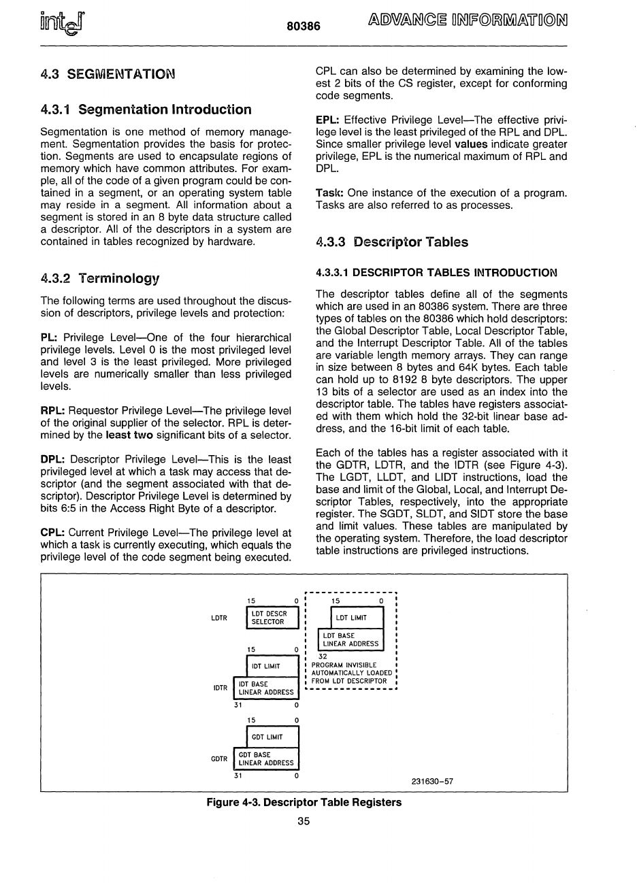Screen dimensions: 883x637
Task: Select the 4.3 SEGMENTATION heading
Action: [107, 73]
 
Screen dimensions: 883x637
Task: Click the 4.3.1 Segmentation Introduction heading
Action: [146, 110]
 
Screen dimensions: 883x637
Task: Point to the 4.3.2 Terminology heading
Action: [99, 278]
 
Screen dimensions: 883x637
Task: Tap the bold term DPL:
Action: [54, 460]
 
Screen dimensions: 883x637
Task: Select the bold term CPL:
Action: [53, 533]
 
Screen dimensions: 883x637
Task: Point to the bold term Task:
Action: [330, 193]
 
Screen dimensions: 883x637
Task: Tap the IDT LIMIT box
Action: [272, 666]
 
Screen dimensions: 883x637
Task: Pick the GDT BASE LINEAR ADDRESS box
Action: [266, 759]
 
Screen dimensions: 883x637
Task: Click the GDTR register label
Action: [219, 759]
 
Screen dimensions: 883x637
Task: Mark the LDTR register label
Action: [219, 618]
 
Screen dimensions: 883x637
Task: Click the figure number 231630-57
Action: [432, 781]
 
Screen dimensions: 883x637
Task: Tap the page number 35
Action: [304, 821]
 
